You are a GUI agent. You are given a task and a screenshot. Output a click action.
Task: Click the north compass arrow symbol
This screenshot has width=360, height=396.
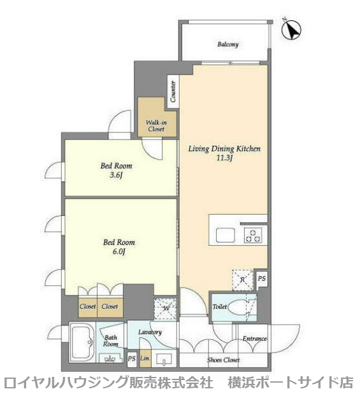(291, 29)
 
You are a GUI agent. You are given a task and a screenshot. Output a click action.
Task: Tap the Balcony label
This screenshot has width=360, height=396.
(228, 45)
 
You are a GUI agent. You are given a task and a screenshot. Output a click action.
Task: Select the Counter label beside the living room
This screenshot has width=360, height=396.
(173, 91)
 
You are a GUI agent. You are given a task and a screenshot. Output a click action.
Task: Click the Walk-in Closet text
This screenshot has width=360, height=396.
(156, 126)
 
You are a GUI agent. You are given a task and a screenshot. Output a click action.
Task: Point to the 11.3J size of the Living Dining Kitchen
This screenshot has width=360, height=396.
(224, 159)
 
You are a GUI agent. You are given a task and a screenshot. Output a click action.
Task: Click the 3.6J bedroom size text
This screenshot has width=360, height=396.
(117, 175)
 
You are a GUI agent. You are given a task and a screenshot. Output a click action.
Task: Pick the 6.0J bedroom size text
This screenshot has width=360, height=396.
(119, 251)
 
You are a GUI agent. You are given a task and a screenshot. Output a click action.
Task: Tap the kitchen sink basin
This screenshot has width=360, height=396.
(226, 235)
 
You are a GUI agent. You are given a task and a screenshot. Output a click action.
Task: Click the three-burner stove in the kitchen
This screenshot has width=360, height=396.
(253, 236)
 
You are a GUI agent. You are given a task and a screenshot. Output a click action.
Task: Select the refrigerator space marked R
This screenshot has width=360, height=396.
(243, 280)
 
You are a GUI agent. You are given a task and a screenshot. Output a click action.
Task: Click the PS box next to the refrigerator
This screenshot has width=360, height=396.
(262, 279)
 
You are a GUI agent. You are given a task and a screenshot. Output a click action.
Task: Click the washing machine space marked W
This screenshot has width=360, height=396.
(165, 309)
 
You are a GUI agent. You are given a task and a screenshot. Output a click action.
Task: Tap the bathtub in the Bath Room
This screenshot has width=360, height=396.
(83, 343)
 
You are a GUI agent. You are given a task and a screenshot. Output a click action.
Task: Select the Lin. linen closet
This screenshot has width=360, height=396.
(145, 358)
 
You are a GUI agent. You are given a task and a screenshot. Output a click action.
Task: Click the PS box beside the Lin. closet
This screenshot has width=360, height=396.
(131, 358)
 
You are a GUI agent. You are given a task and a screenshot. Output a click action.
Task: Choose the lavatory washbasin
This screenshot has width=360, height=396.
(164, 359)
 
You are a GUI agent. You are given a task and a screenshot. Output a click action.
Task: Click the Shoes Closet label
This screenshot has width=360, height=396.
(223, 360)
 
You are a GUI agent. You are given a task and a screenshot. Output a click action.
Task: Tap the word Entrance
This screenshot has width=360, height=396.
(255, 339)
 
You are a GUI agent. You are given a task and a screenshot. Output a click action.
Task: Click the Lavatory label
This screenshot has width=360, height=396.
(150, 332)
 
